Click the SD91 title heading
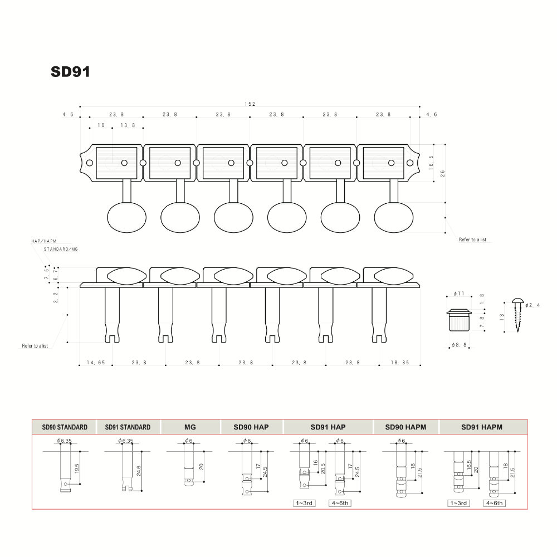pos(70,72)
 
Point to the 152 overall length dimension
pos(250,104)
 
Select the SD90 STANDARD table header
pos(65,427)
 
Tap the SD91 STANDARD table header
pos(128,427)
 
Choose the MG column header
pos(190,427)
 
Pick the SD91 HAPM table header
pos(482,427)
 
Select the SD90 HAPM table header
pos(405,427)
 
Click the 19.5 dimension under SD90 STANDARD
pos(76,467)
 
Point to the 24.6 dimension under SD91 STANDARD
pos(138,470)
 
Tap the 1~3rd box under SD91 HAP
pos(305,503)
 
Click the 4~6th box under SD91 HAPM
pos(494,503)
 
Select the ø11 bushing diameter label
pos(459,294)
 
